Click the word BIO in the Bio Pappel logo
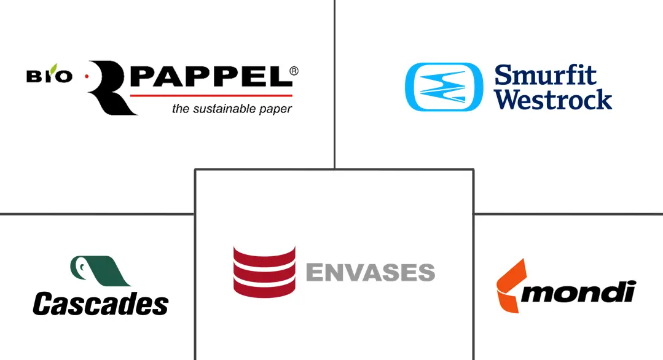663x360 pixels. click(x=49, y=76)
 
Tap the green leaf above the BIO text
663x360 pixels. click(x=53, y=68)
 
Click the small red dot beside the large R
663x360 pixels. click(x=87, y=76)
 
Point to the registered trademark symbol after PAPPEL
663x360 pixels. click(x=294, y=71)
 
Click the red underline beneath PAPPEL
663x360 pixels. click(x=211, y=95)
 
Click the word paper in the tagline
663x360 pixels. click(x=276, y=109)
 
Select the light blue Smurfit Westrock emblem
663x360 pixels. click(x=444, y=87)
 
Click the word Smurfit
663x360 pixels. click(x=546, y=75)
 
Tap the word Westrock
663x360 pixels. click(x=553, y=100)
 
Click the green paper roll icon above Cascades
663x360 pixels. click(x=100, y=271)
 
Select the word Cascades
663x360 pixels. click(x=101, y=304)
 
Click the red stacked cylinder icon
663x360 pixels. click(x=264, y=272)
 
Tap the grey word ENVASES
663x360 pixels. click(x=371, y=273)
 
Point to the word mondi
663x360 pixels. click(x=578, y=292)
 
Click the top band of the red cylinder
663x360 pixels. click(x=264, y=254)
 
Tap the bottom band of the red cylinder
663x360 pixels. click(x=264, y=289)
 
